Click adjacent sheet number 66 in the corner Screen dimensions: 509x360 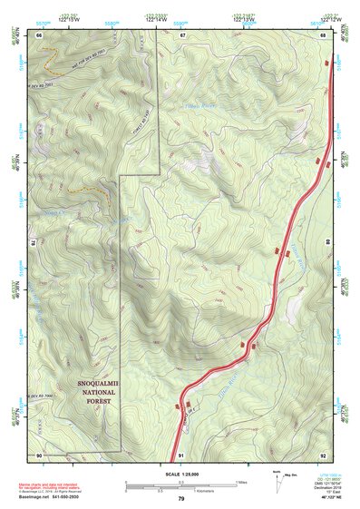tap(40, 34)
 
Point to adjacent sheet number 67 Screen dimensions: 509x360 tap(181, 34)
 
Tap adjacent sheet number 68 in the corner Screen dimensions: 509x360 tap(323, 34)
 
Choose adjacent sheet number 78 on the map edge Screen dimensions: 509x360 tap(35, 243)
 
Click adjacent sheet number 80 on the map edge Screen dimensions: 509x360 tap(327, 243)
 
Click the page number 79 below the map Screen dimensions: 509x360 tap(181, 499)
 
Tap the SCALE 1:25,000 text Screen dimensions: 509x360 tap(180, 474)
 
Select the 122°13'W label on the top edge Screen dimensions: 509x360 tap(242, 17)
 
